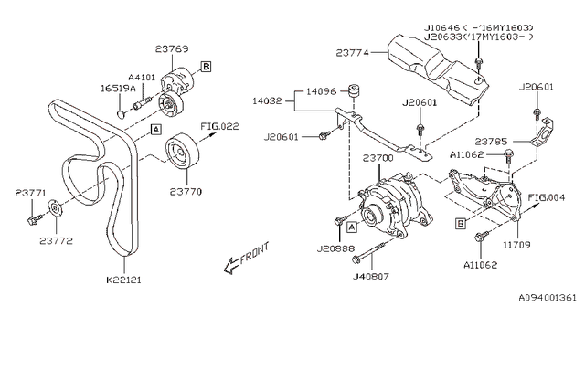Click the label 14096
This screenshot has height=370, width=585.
320,91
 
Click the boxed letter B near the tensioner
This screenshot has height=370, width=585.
206,66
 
